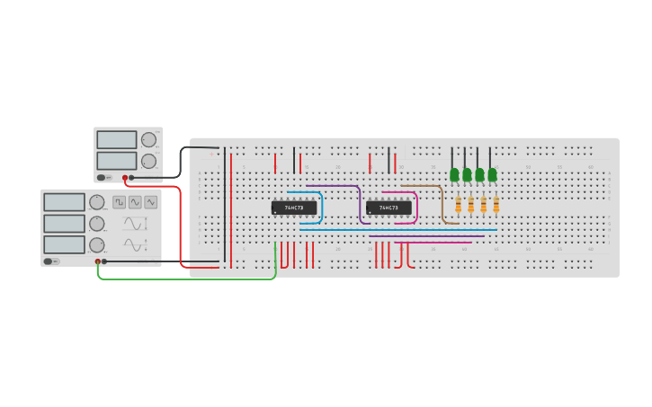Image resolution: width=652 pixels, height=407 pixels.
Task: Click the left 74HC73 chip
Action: (x=294, y=208)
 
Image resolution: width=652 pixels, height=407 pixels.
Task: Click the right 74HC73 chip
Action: (x=389, y=208)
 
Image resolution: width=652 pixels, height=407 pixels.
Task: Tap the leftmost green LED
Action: (x=454, y=173)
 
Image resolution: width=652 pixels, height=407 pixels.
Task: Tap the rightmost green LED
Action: (x=492, y=173)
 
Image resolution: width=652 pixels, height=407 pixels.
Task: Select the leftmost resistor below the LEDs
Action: (x=458, y=205)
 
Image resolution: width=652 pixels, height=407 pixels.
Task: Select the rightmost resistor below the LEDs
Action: (x=496, y=205)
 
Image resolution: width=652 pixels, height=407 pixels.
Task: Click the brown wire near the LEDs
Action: (x=442, y=202)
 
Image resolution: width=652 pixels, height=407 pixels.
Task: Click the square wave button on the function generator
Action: (x=120, y=202)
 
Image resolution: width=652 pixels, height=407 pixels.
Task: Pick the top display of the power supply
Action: (x=116, y=140)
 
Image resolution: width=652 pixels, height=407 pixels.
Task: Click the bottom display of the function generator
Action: (x=64, y=244)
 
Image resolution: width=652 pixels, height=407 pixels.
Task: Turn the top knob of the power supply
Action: (x=148, y=140)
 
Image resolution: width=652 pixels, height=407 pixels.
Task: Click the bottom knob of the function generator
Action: (x=96, y=244)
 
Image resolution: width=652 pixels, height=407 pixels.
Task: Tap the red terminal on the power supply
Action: (x=125, y=178)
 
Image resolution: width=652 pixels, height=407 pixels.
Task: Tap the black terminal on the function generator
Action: (x=104, y=261)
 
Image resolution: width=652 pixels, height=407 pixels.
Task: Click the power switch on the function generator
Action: (x=50, y=261)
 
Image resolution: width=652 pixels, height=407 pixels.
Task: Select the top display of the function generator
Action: (x=64, y=202)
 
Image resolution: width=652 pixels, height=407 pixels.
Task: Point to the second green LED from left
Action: (x=467, y=173)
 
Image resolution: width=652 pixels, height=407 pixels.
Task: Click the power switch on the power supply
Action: (x=103, y=178)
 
